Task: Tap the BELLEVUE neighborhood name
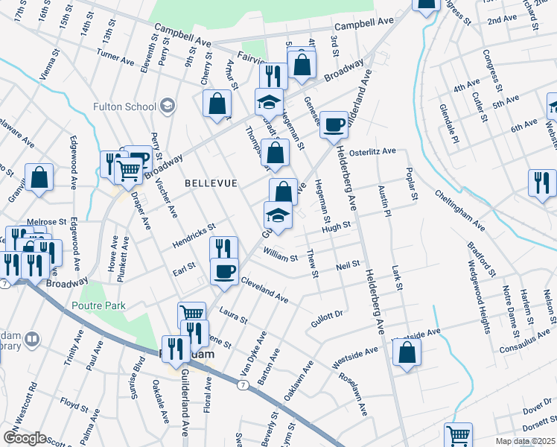(x=211, y=183)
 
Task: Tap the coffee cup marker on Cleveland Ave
(x=224, y=272)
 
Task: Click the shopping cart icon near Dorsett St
(x=458, y=436)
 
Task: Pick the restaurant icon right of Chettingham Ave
(x=542, y=183)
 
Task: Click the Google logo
(x=25, y=438)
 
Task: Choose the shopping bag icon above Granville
(x=39, y=179)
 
